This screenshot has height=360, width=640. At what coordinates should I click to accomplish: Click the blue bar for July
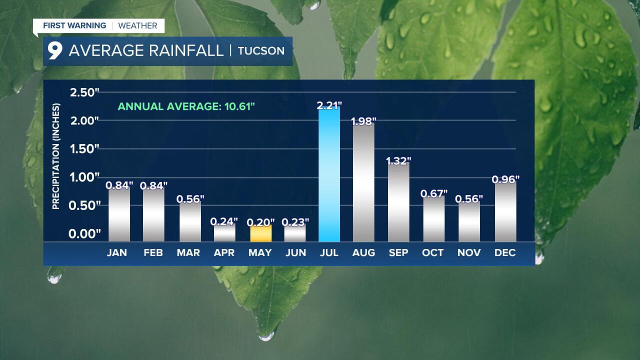click(329, 175)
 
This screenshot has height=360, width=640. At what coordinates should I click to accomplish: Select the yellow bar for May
click(260, 233)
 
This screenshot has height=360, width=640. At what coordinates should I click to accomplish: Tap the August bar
click(363, 182)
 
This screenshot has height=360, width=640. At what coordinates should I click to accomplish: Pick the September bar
click(398, 202)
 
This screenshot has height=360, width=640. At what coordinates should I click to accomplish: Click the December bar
click(505, 212)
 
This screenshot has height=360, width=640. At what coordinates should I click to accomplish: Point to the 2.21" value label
click(329, 105)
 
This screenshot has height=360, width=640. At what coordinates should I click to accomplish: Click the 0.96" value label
click(505, 179)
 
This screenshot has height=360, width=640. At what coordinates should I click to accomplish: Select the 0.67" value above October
click(433, 193)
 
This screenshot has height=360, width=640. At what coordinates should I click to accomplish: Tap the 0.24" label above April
click(224, 221)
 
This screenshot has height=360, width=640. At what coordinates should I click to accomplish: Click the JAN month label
click(117, 252)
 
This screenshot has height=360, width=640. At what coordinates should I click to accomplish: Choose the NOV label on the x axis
click(469, 252)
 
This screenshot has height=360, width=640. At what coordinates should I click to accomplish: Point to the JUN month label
click(295, 252)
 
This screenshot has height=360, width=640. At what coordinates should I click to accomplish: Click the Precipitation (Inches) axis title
click(56, 156)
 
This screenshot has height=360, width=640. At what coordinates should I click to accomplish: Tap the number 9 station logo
click(55, 50)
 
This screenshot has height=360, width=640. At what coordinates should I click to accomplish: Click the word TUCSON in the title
click(261, 51)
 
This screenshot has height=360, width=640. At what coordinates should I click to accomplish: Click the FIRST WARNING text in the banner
click(74, 25)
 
